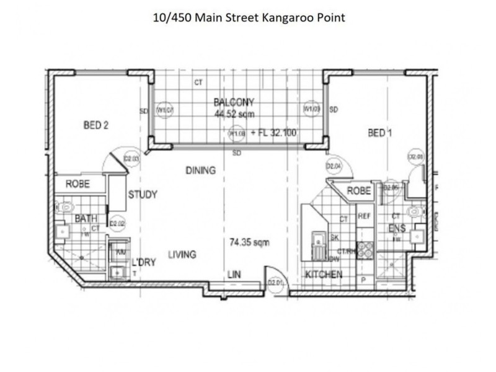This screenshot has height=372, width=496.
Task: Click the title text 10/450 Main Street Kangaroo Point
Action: click(x=248, y=17)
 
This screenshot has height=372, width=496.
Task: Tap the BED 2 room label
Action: click(x=96, y=125)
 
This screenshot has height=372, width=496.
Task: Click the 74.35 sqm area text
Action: click(x=249, y=242)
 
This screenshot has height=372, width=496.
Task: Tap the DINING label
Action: click(x=200, y=170)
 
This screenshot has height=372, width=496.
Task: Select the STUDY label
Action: click(x=143, y=195)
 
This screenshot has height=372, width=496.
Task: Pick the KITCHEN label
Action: click(x=322, y=274)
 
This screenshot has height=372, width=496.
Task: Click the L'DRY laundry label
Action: click(x=142, y=262)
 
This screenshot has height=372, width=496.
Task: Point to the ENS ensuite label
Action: click(x=397, y=229)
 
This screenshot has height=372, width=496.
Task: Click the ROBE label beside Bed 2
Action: click(x=77, y=184)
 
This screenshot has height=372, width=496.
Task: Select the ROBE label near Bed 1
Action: click(x=358, y=191)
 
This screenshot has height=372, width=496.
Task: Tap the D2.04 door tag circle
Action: click(x=334, y=166)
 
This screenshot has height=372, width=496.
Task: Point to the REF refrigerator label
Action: click(x=364, y=216)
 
